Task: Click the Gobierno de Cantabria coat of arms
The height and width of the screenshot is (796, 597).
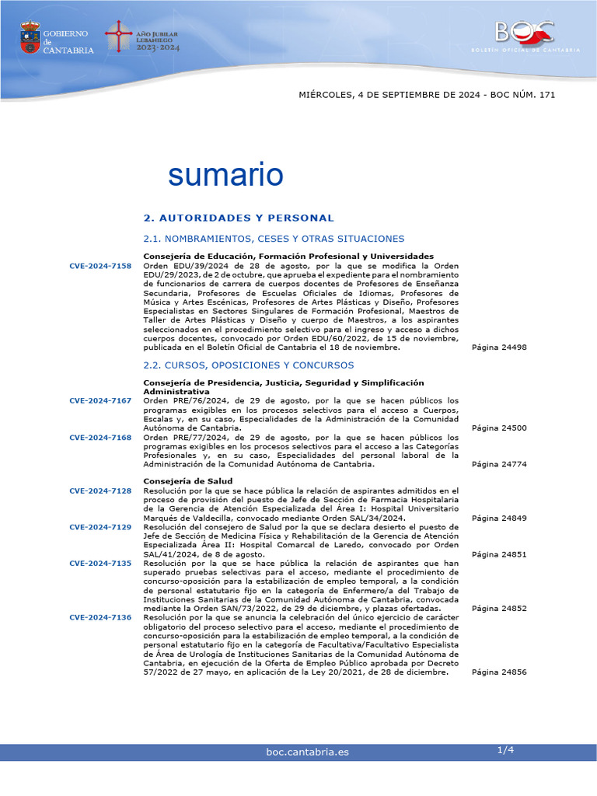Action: [x=30, y=37]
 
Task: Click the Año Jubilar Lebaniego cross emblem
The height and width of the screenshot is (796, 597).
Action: [x=119, y=36]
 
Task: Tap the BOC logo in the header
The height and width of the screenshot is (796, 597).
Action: [x=525, y=33]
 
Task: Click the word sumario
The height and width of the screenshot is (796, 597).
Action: [x=225, y=174]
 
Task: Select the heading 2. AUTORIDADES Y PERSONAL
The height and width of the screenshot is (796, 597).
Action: [x=239, y=218]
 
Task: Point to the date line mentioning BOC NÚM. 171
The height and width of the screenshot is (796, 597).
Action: [x=427, y=95]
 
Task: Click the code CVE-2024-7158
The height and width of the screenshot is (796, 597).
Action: [x=100, y=266]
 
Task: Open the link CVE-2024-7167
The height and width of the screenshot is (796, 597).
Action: [x=100, y=400]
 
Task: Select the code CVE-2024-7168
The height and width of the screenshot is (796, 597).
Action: [x=100, y=437]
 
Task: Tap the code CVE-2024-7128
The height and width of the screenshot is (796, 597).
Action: [x=100, y=491]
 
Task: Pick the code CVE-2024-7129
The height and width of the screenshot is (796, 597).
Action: [x=100, y=526]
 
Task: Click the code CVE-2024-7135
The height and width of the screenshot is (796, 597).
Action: [x=100, y=563]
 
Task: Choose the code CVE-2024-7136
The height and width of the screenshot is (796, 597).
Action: [x=100, y=617]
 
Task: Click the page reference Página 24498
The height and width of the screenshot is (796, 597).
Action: [x=499, y=347]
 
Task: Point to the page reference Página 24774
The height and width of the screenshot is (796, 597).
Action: [x=499, y=464]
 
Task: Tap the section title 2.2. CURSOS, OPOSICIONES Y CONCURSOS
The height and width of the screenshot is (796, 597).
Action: [x=249, y=365]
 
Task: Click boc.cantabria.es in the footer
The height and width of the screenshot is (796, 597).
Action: [x=307, y=752]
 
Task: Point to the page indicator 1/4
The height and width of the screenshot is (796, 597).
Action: [x=505, y=750]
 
